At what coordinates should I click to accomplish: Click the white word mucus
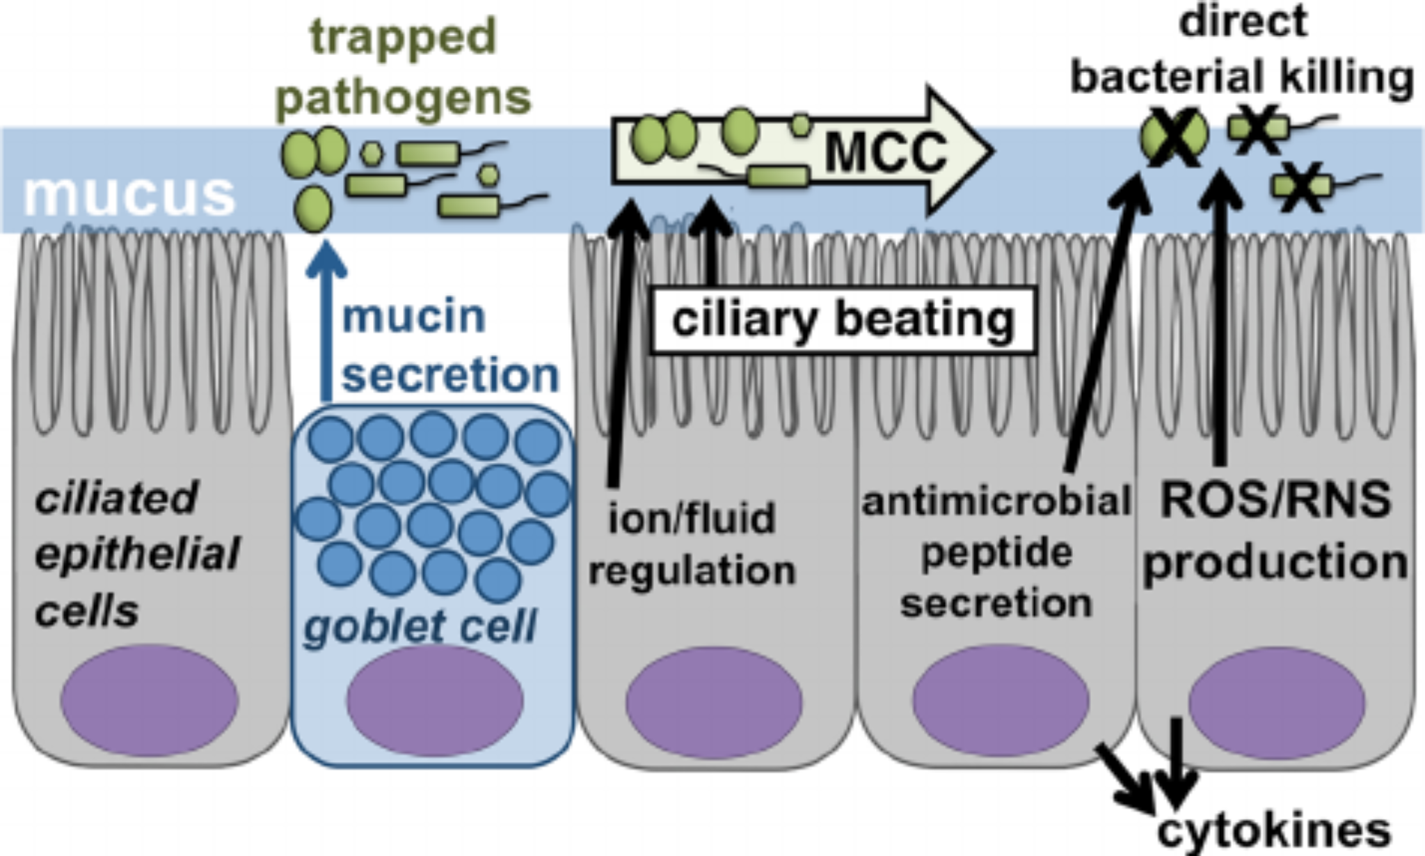click(x=130, y=196)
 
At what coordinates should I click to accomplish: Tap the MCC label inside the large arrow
click(x=886, y=152)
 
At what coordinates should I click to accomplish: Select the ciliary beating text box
click(x=843, y=320)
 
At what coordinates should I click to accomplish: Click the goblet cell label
click(x=420, y=626)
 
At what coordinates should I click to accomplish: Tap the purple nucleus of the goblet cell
click(x=435, y=701)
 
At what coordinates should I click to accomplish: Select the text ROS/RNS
click(x=1275, y=500)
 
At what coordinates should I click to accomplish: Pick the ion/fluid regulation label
click(x=692, y=545)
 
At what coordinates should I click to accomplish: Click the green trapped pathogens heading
click(x=404, y=68)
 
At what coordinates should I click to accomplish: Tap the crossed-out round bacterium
click(x=1174, y=138)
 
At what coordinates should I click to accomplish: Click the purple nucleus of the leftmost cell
click(x=150, y=701)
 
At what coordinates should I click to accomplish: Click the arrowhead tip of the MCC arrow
click(x=992, y=150)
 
